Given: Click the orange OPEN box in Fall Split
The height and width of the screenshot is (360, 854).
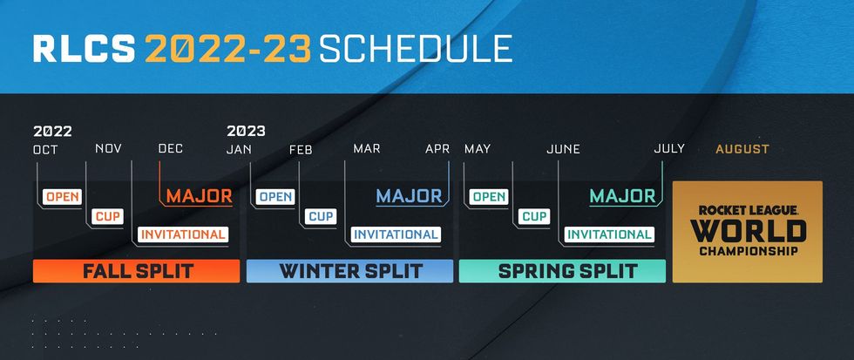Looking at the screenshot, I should [x=63, y=196].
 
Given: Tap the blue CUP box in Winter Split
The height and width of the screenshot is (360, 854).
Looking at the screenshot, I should [x=321, y=215].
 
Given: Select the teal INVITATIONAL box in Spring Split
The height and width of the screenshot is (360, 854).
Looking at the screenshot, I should [x=608, y=234].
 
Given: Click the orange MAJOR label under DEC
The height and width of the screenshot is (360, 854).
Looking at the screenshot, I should [x=199, y=195].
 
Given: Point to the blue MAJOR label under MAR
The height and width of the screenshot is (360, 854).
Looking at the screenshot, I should [x=410, y=195].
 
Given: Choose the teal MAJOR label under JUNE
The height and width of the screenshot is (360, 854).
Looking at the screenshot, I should [x=622, y=195].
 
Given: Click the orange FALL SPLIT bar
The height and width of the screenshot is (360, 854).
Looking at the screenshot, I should [x=136, y=271].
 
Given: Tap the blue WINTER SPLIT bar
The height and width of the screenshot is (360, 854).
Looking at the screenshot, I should [x=349, y=271].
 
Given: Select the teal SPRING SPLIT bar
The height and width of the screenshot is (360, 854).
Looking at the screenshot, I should [x=562, y=271].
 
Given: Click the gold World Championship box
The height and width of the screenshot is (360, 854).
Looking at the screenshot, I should [x=748, y=232].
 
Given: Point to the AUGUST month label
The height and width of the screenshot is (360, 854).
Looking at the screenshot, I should [x=742, y=149].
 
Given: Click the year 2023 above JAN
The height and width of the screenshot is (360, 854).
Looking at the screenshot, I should [x=246, y=132].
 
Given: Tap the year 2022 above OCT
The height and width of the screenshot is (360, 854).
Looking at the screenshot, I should [x=52, y=132].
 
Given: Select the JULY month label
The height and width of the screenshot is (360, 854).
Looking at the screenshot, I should [x=669, y=149].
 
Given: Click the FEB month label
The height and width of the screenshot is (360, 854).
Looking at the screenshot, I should [x=301, y=150].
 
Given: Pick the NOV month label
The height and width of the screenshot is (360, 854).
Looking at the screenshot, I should [x=108, y=150].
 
